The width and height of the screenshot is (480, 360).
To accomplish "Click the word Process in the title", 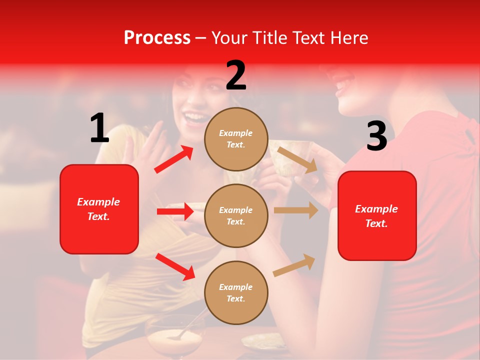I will pyautogui.click(x=157, y=38).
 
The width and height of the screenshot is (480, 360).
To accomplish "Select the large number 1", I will pyautogui.click(x=99, y=128).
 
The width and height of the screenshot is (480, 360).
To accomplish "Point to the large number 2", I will pyautogui.click(x=236, y=75).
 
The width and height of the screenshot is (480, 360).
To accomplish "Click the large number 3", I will pyautogui.click(x=376, y=136).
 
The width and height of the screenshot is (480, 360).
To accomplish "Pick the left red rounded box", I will pyautogui.click(x=99, y=209).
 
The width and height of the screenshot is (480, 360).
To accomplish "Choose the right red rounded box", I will pyautogui.click(x=377, y=215).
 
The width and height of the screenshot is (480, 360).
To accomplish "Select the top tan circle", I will pyautogui.click(x=236, y=139).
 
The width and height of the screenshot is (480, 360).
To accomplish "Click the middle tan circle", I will pyautogui.click(x=236, y=215).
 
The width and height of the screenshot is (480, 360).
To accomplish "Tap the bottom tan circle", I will pyautogui.click(x=236, y=292).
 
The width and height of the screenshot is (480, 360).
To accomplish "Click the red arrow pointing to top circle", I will pyautogui.click(x=174, y=159).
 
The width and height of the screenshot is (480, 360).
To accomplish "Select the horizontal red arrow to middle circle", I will pyautogui.click(x=175, y=211).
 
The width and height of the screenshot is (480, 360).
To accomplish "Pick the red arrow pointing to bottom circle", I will pyautogui.click(x=175, y=266).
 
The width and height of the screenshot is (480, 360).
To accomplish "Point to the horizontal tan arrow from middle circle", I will pyautogui.click(x=295, y=210).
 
